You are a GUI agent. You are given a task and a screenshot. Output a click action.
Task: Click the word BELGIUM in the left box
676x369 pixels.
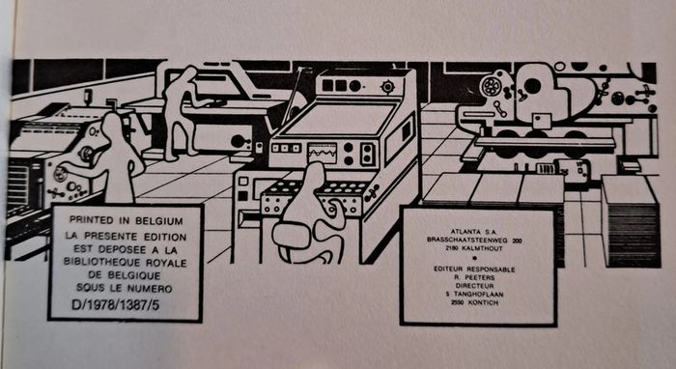pyautogui.click(x=159, y=220)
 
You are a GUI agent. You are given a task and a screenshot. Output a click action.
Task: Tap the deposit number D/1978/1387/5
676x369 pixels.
pyautogui.click(x=115, y=305)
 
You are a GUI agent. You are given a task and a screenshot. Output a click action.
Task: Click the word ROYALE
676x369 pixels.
pyautogui.click(x=166, y=263)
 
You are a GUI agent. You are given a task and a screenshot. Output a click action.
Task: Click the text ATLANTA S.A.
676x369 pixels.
pyautogui.click(x=474, y=232)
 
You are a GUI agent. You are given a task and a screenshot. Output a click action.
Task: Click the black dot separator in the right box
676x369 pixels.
pyautogui.click(x=475, y=259)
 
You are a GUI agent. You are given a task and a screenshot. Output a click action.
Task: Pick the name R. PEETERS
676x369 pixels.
pyautogui.click(x=474, y=277)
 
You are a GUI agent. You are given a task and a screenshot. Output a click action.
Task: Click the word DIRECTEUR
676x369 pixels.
pyautogui.click(x=475, y=286)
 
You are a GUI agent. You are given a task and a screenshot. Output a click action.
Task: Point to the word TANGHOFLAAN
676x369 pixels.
pyautogui.click(x=478, y=294)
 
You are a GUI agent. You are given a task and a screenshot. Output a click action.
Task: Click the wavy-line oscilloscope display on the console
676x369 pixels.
pyautogui.click(x=322, y=153)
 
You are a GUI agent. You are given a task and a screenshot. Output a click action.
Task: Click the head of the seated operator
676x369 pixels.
pyautogui.click(x=314, y=173)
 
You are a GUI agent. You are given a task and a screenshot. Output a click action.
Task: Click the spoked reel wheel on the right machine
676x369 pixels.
pyautogui.click(x=491, y=86)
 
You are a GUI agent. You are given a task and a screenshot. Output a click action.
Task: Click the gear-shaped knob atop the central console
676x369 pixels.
pyautogui.click(x=388, y=87)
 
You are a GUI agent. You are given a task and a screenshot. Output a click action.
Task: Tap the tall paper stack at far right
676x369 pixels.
pyautogui.click(x=631, y=221)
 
